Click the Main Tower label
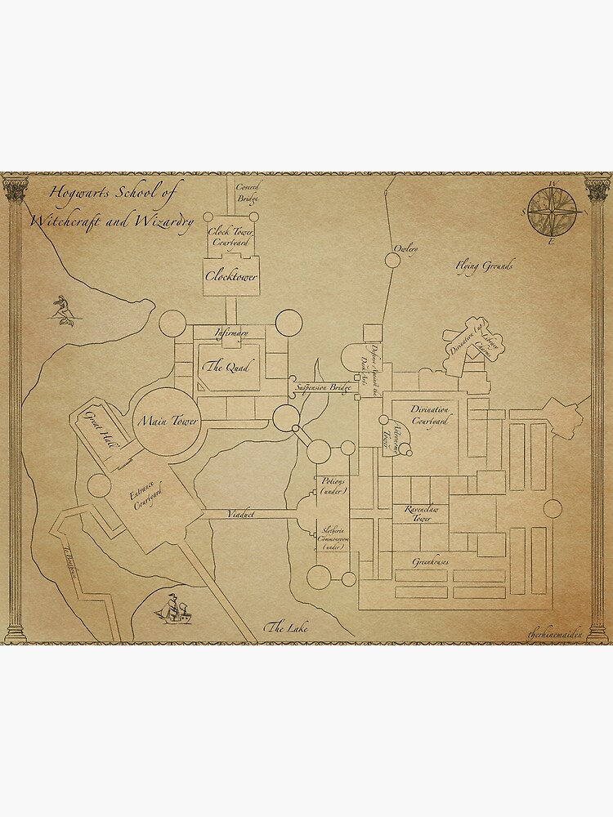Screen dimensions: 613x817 pyautogui.click(x=169, y=422)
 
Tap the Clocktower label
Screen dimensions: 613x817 pyautogui.click(x=230, y=278)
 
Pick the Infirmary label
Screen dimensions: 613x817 pyautogui.click(x=231, y=333)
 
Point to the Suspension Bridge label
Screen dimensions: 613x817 pyautogui.click(x=323, y=386)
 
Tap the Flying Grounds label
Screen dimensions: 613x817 pyautogui.click(x=485, y=266)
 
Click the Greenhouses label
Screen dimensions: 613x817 pyautogui.click(x=433, y=562)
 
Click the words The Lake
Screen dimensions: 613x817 pyautogui.click(x=285, y=627)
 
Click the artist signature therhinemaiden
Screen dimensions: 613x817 pyautogui.click(x=557, y=633)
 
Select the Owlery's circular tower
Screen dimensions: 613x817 pyautogui.click(x=392, y=260)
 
